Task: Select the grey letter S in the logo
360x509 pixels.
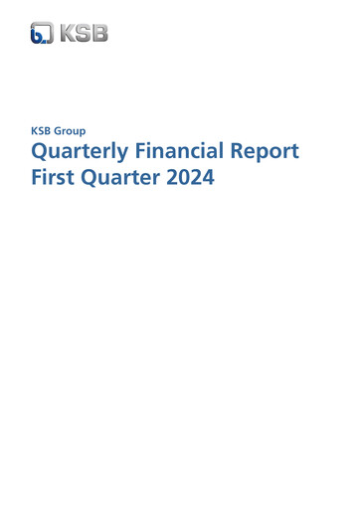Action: pos(83,33)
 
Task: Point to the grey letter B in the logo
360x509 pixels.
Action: pos(99,33)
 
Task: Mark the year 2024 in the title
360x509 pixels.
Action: pos(194,182)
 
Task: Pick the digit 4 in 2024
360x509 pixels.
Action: pos(211,182)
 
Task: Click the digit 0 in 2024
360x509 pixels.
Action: pos(188,182)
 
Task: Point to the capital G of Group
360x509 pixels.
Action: pos(64,130)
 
